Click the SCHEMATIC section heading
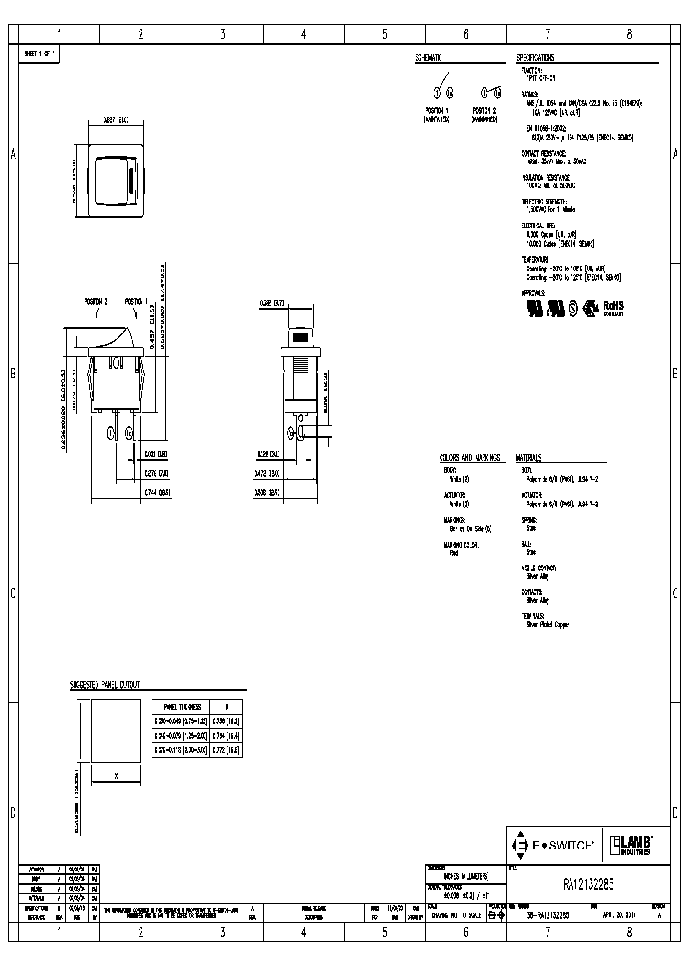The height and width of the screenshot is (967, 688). coord(435,58)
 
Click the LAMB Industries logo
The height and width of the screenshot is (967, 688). coord(631,845)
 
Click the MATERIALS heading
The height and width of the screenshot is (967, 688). coord(535,458)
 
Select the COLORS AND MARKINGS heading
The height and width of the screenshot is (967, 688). coord(470,458)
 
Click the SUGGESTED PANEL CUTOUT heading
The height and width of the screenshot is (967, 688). coord(105,684)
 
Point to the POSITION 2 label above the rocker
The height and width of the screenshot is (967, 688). coord(97,302)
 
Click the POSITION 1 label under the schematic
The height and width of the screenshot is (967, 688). coord(442,111)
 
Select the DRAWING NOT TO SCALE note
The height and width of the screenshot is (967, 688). coord(455,914)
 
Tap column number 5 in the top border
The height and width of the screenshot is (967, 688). coord(385,34)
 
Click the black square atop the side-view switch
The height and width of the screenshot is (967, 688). coord(301,337)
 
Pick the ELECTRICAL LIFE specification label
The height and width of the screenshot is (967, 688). coord(538,226)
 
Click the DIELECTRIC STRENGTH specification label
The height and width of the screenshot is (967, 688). coord(544,202)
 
